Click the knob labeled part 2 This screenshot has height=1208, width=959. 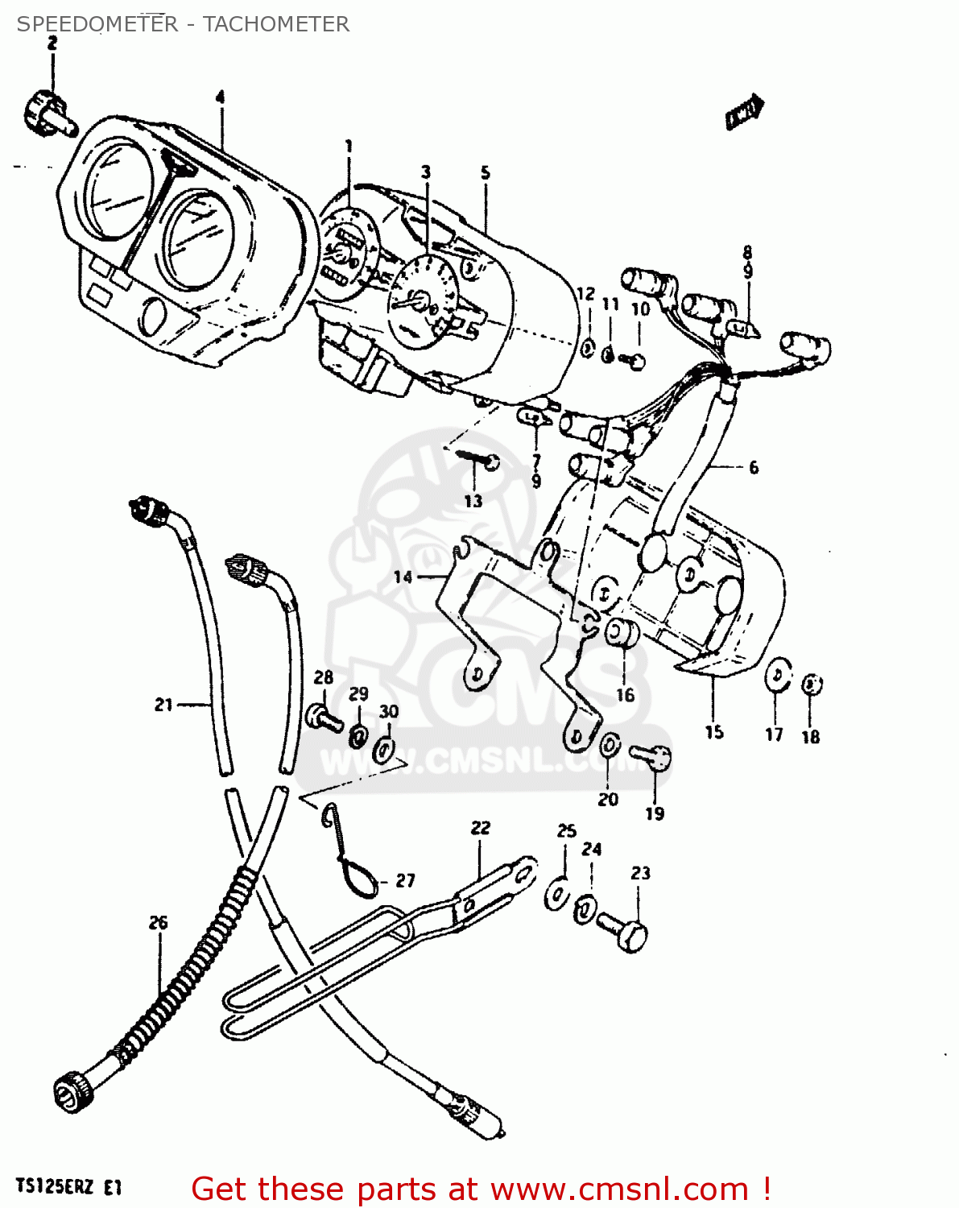click(x=47, y=113)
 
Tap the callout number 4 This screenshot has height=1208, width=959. click(x=220, y=97)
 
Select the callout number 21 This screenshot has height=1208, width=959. click(x=163, y=705)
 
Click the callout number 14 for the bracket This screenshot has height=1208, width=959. click(x=403, y=577)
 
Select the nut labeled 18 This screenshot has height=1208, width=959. click(x=812, y=685)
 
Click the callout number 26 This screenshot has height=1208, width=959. click(x=158, y=922)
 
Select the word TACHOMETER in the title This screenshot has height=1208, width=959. click(x=275, y=24)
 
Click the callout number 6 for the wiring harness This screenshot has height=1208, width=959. click(x=753, y=467)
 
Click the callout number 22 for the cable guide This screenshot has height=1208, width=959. click(x=480, y=828)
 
